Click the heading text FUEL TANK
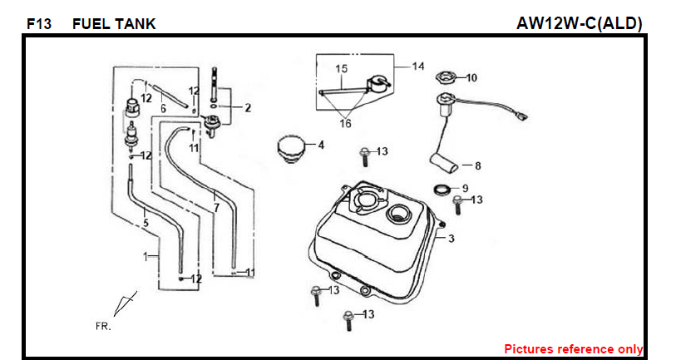point(114,24)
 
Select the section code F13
point(38,24)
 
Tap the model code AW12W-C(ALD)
point(579,23)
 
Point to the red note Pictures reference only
point(573,349)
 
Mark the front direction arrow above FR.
point(124,303)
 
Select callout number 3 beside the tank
point(451,239)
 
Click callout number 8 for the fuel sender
point(477,165)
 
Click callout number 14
point(417,66)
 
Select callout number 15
point(341,68)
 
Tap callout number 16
point(345,123)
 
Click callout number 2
point(247,107)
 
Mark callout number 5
point(145,222)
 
